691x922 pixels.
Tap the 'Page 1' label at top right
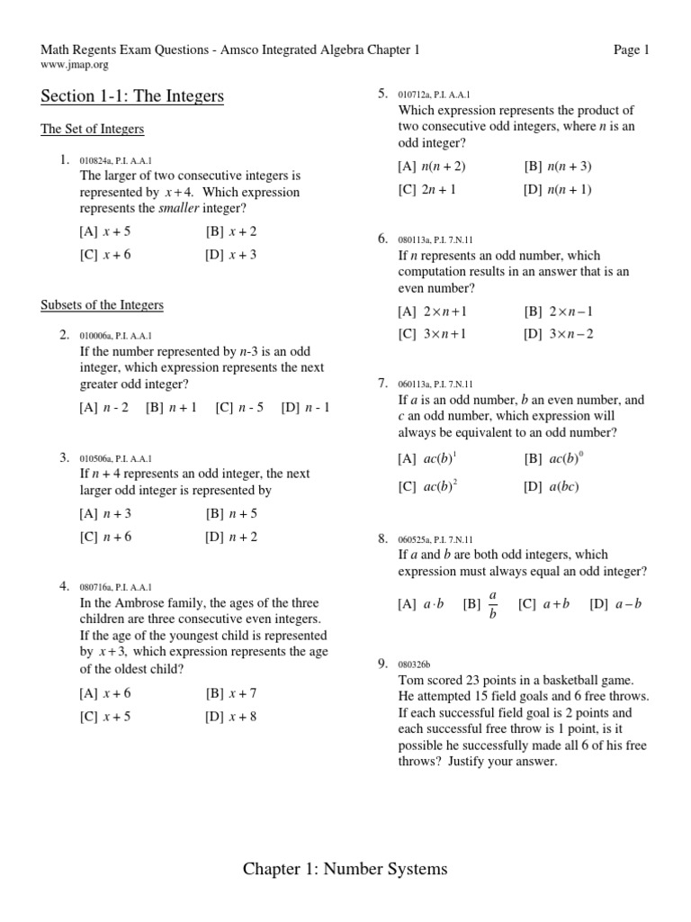coord(632,50)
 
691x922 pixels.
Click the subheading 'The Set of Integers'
coord(93,130)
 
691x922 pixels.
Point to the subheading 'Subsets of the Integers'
coord(103,305)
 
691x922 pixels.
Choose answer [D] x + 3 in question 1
coord(231,255)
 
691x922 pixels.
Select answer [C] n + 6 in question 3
coord(105,538)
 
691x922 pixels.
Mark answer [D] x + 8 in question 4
coord(231,718)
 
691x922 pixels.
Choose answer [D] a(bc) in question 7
coord(552,487)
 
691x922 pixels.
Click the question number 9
coord(382,664)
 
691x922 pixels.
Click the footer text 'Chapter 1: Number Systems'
coord(345,869)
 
